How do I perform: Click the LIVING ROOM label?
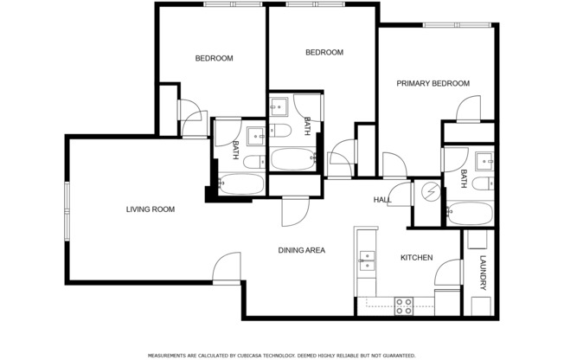pyautogui.click(x=151, y=209)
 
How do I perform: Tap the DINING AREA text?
pyautogui.click(x=301, y=251)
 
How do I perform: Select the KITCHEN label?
pyautogui.click(x=416, y=258)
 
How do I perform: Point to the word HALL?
pyautogui.click(x=381, y=200)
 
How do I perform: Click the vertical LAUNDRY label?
pyautogui.click(x=483, y=275)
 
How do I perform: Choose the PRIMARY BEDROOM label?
pyautogui.click(x=433, y=84)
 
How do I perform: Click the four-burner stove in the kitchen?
pyautogui.click(x=403, y=305)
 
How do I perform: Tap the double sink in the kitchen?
pyautogui.click(x=368, y=260)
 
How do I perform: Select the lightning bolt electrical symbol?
pyautogui.click(x=427, y=192)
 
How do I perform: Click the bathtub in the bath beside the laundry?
pyautogui.click(x=469, y=213)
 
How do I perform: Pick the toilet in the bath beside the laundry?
pyautogui.click(x=485, y=183)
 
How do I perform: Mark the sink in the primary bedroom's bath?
pyautogui.click(x=485, y=160)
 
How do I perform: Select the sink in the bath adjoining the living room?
pyautogui.click(x=256, y=136)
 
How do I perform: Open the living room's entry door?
pyautogui.click(x=227, y=267)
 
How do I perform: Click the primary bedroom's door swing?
pyautogui.click(x=464, y=109)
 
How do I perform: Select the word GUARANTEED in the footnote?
pyautogui.click(x=395, y=355)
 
